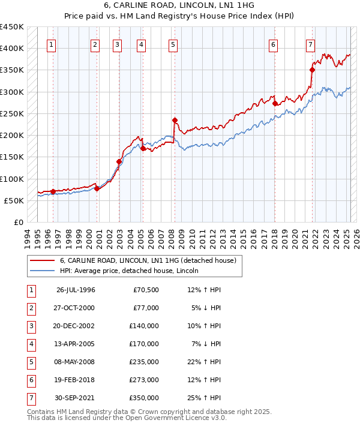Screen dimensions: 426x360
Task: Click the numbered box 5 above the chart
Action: [x=173, y=44]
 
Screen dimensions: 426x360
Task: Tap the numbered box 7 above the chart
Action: [x=310, y=44]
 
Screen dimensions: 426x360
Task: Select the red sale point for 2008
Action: [x=174, y=120]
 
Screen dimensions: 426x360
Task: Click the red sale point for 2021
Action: [x=312, y=70]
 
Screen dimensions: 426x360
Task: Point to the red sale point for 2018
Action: [x=275, y=103]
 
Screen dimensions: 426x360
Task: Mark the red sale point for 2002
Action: [x=119, y=161]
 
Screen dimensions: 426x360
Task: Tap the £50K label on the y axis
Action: [x=14, y=200]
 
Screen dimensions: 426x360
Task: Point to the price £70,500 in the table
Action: [x=146, y=290]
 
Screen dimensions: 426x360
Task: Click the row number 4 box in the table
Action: [x=30, y=344]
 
